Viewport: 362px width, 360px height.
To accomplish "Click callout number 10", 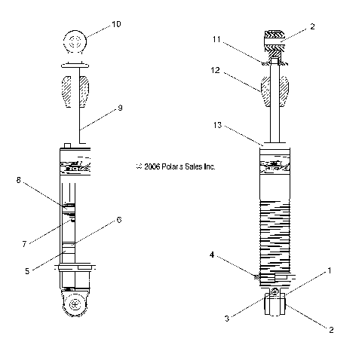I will (x=116, y=24).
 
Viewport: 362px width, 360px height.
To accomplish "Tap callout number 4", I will (x=214, y=256).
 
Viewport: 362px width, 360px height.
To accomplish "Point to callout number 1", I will (x=328, y=269).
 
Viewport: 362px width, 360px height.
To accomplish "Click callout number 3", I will (x=226, y=319).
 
